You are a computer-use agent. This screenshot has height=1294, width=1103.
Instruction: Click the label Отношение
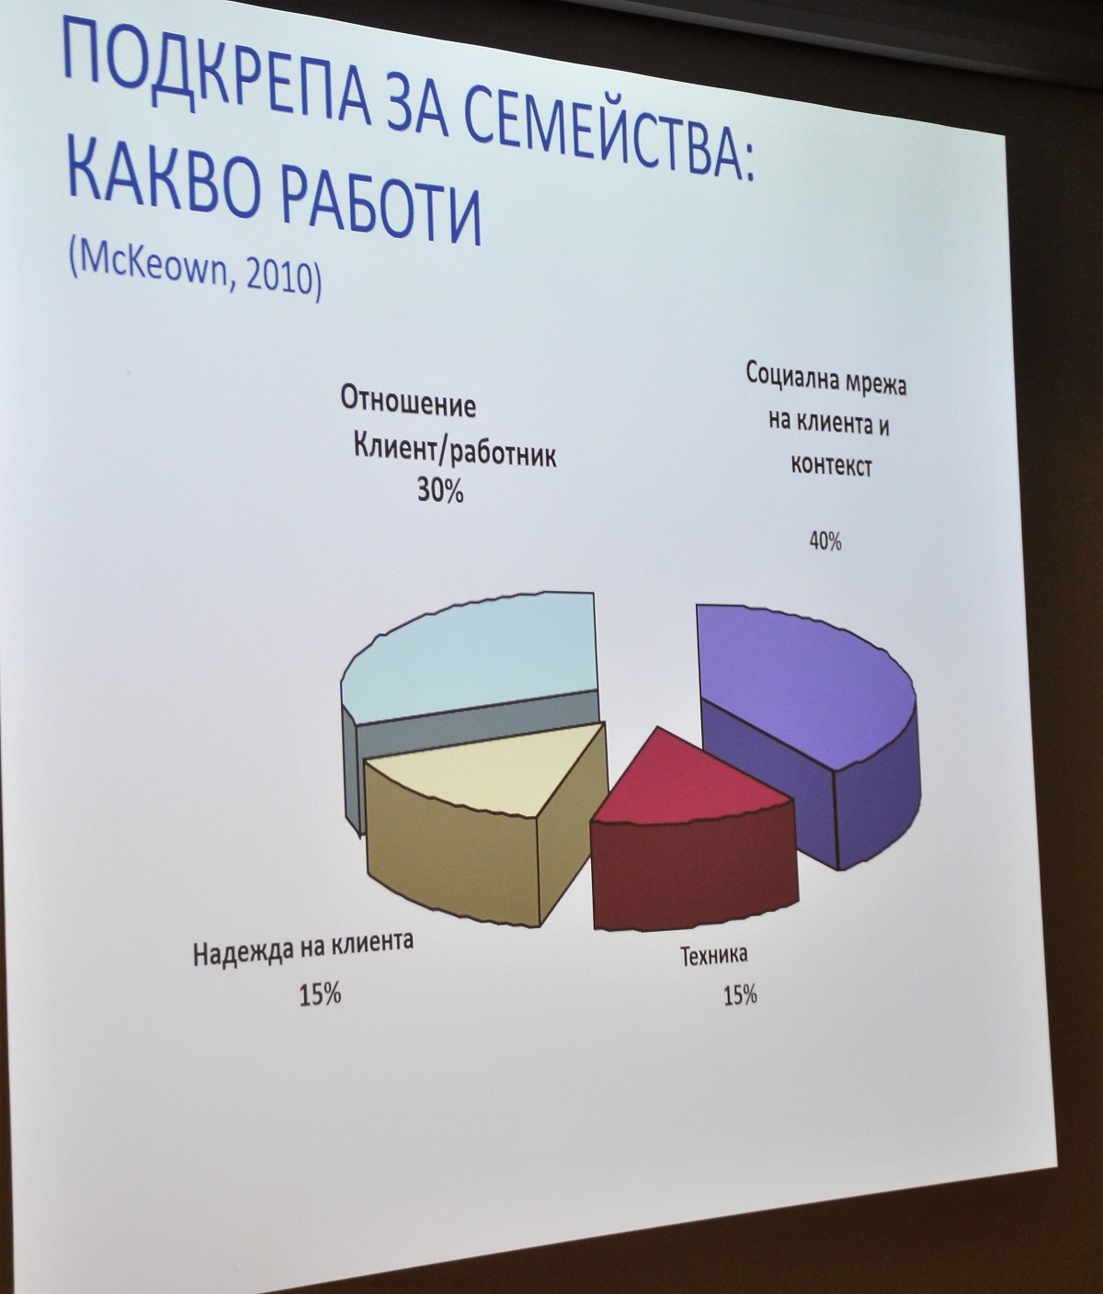click(408, 404)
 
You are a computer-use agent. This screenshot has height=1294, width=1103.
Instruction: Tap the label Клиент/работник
click(455, 453)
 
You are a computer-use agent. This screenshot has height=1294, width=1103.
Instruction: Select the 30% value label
click(440, 492)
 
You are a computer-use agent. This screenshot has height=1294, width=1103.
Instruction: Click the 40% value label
click(825, 541)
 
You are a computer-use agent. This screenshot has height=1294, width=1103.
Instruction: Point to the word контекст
click(831, 466)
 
